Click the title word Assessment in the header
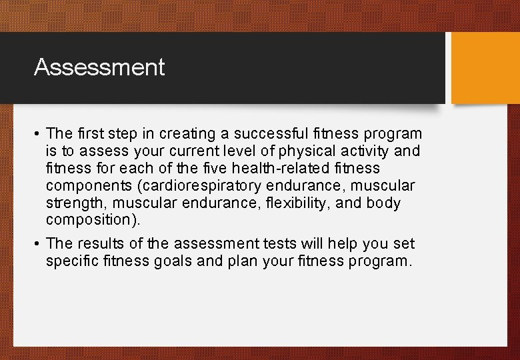(99, 67)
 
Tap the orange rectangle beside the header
(485, 68)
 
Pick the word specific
(73, 261)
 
